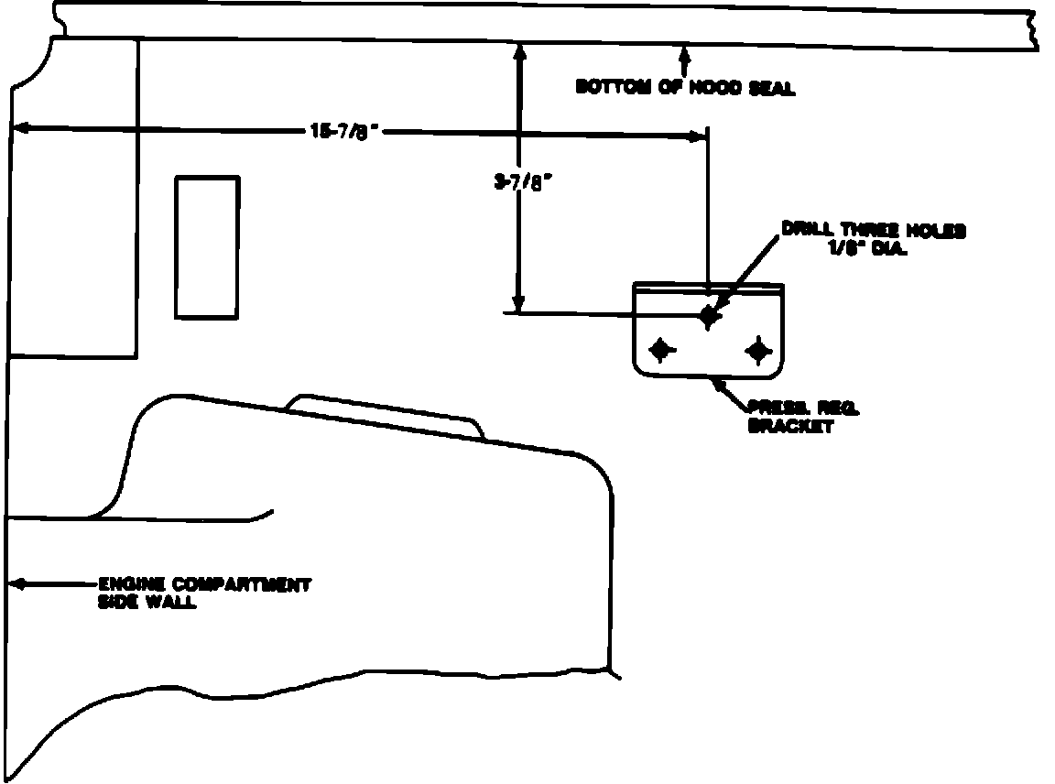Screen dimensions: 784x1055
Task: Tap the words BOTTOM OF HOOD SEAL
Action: pyautogui.click(x=685, y=88)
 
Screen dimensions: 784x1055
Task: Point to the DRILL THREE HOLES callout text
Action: pyautogui.click(x=873, y=231)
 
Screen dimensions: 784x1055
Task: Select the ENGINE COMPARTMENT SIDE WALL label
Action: pyautogui.click(x=203, y=592)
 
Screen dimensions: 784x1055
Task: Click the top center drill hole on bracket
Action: pyautogui.click(x=708, y=315)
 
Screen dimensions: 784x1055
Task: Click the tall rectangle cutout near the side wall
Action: pyautogui.click(x=207, y=247)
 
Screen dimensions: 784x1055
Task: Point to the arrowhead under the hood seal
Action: pyautogui.click(x=683, y=49)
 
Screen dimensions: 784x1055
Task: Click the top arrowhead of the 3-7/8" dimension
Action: pyautogui.click(x=519, y=52)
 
